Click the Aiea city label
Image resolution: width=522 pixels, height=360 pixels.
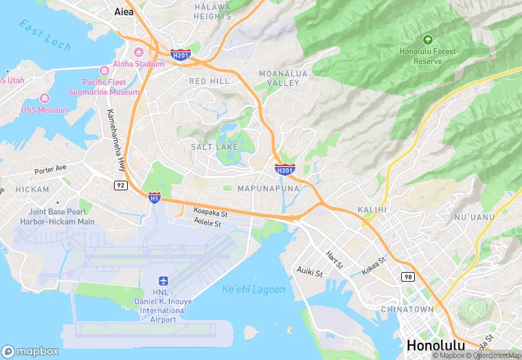click(x=124, y=12)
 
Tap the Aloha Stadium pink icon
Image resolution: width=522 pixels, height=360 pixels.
click(x=139, y=53)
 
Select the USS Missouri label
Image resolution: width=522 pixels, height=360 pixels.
click(x=44, y=110)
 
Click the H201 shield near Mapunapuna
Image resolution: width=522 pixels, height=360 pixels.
click(x=284, y=169)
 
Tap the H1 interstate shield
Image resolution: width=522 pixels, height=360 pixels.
click(x=155, y=197)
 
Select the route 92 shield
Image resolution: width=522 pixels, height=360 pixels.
click(x=121, y=185)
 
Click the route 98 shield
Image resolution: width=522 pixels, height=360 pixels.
click(x=407, y=275)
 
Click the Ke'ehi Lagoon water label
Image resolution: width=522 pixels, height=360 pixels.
click(x=253, y=289)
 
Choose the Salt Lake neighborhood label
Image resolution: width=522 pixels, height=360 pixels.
click(x=214, y=147)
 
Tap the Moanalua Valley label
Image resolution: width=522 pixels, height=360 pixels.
click(x=279, y=78)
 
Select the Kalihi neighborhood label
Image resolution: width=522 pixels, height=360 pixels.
click(x=373, y=209)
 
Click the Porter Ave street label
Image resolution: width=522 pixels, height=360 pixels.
click(x=51, y=168)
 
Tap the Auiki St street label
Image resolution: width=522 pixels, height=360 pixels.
click(x=309, y=273)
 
